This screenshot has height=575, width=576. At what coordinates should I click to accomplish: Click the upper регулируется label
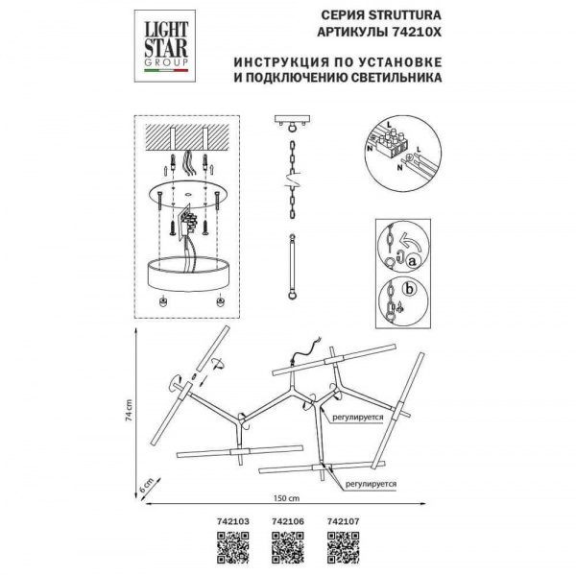[352, 419]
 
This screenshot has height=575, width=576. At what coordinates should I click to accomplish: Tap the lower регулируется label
[371, 486]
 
